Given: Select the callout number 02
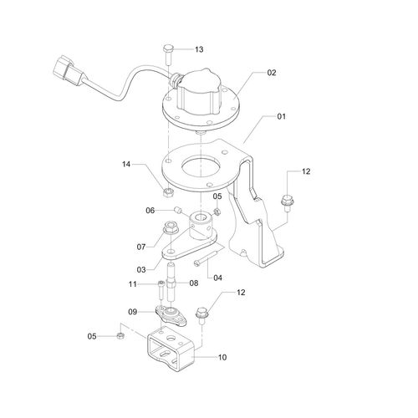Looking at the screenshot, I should tap(272, 73).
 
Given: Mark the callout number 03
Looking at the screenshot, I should tap(141, 270).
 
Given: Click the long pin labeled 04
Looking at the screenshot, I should tap(208, 254).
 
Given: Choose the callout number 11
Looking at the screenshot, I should tap(132, 284).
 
